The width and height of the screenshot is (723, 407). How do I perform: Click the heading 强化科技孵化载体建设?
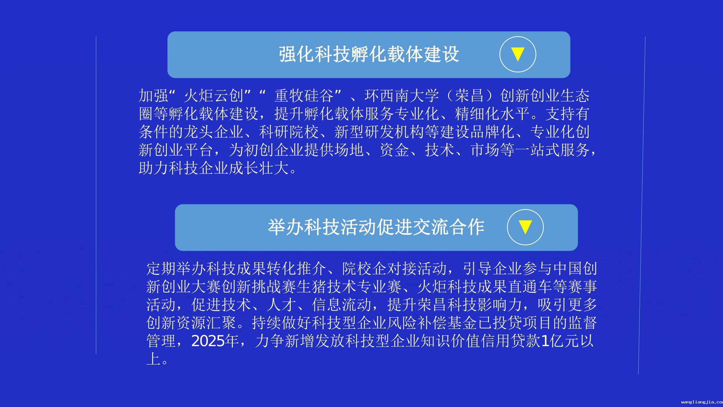369,54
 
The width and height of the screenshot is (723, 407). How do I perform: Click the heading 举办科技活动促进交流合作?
376,227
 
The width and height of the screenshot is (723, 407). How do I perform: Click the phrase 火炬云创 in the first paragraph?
214,96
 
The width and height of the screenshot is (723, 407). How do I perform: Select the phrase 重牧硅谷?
304,96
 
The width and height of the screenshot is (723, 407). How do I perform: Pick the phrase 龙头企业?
214,132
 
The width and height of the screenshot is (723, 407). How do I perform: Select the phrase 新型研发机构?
379,132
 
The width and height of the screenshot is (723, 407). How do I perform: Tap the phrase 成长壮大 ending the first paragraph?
259,168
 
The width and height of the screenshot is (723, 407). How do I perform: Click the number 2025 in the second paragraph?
208,341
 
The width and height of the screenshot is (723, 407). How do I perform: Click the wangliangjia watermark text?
702,402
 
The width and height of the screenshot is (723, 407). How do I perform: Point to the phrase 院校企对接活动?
394,269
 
